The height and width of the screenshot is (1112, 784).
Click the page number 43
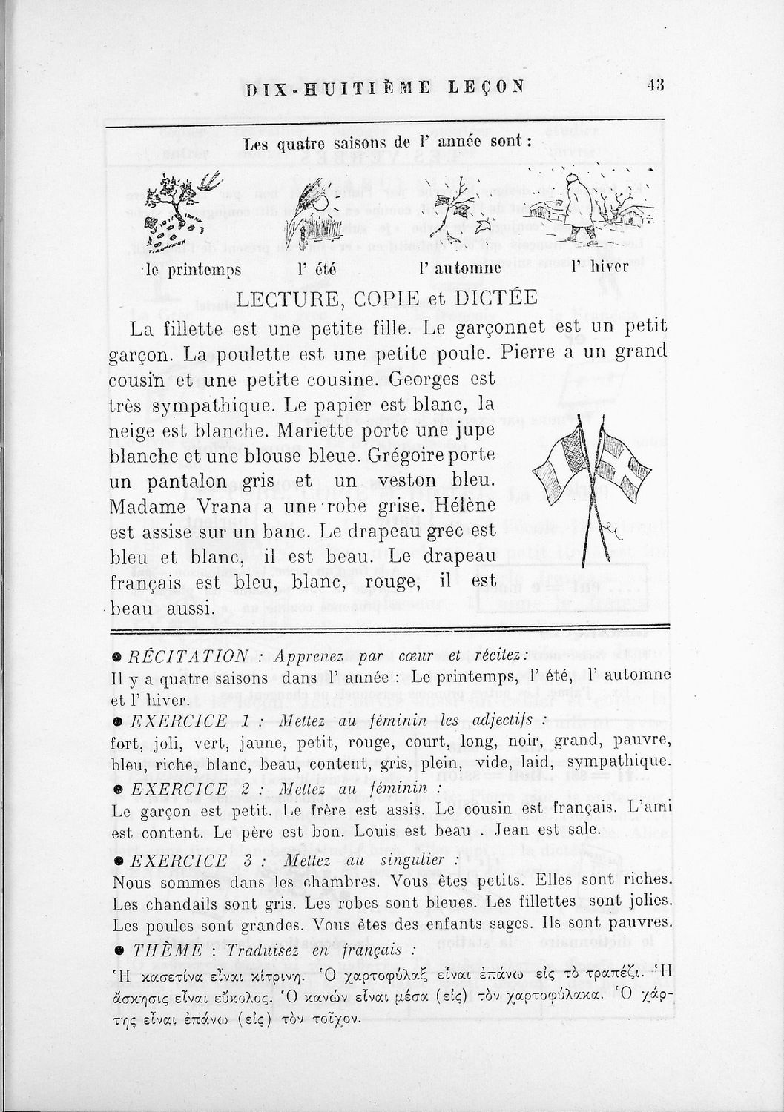click(655, 85)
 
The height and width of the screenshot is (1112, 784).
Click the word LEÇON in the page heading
click(487, 86)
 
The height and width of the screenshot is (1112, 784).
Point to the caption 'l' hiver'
click(600, 267)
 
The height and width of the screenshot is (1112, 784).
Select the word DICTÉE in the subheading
click(501, 297)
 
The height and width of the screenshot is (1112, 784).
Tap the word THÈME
click(157, 950)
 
